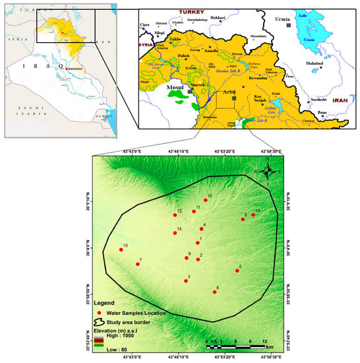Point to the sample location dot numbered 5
pyautogui.click(x=237, y=271)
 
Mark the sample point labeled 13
pyautogui.click(x=253, y=214)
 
